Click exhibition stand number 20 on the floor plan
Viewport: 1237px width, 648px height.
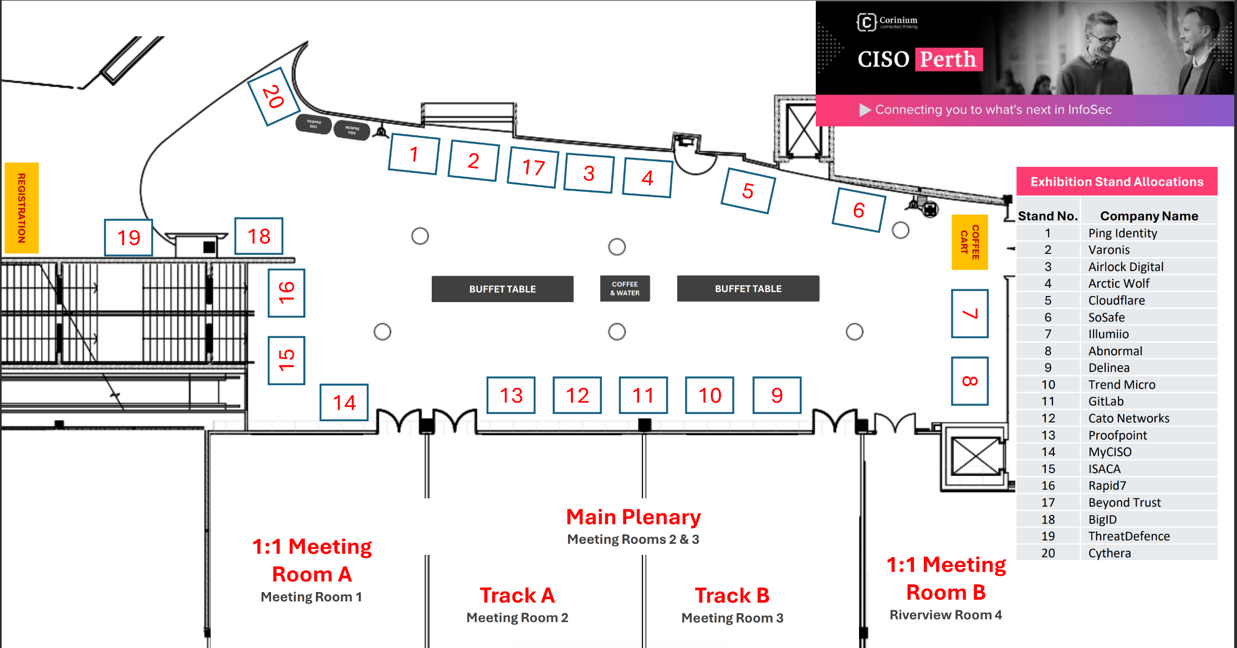coord(273,96)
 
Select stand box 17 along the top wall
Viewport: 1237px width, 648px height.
coord(533,167)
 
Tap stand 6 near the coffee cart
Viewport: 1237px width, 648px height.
coord(858,210)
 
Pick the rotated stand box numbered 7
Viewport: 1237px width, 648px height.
coord(969,314)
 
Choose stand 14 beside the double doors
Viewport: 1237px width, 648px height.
coord(344,402)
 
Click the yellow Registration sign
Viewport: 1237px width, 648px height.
coord(22,208)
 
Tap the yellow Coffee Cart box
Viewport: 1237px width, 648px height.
coord(969,242)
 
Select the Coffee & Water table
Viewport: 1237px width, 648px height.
coord(625,288)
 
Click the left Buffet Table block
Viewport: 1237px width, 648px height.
coord(502,289)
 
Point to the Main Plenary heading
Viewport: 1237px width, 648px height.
coord(633,517)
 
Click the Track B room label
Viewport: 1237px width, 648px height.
coord(732,595)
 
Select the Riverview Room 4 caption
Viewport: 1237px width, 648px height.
coord(945,615)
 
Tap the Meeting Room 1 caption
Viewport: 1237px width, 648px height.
coord(311,597)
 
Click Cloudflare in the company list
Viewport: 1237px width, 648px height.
coord(1116,300)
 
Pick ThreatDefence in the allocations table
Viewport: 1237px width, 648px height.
coord(1128,536)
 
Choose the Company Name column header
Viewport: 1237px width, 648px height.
coord(1149,216)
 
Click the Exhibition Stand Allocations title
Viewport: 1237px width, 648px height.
coord(1117,182)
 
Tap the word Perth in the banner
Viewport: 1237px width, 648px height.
coord(948,59)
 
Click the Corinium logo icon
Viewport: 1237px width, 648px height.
coord(866,22)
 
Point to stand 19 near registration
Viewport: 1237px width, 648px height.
coord(129,238)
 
